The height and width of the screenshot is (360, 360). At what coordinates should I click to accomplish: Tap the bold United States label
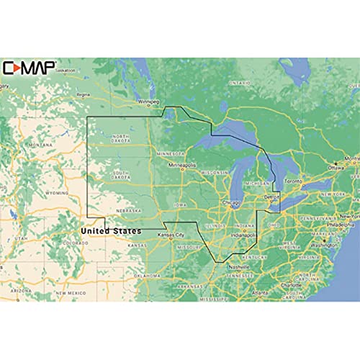[x=111, y=231]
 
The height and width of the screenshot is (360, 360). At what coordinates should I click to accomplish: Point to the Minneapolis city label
[x=183, y=165]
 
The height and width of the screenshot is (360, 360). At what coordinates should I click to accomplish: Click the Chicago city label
[x=231, y=202]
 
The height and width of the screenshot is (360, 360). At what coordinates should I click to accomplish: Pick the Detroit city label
[x=271, y=197]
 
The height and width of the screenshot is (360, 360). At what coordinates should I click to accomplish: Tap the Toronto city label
[x=293, y=181]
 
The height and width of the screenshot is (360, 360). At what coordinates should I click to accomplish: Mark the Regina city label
[x=83, y=94]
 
